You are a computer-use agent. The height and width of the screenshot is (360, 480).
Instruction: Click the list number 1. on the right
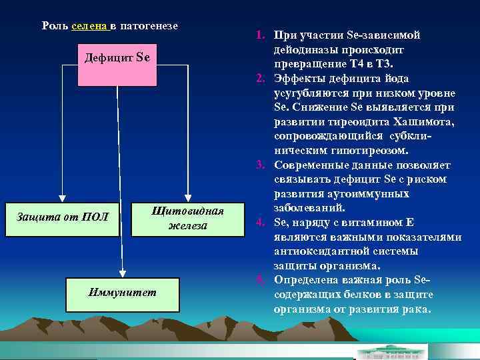pos(261,35)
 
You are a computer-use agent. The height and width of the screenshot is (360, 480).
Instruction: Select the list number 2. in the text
pos(261,79)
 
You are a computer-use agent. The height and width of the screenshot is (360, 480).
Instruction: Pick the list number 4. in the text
pos(261,223)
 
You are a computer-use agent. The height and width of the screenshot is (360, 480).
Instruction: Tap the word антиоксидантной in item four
pos(322,251)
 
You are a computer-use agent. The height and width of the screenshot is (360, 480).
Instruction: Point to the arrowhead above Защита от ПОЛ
pos(62,198)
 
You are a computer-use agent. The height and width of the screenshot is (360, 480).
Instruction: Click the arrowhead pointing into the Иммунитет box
pos(123,272)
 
